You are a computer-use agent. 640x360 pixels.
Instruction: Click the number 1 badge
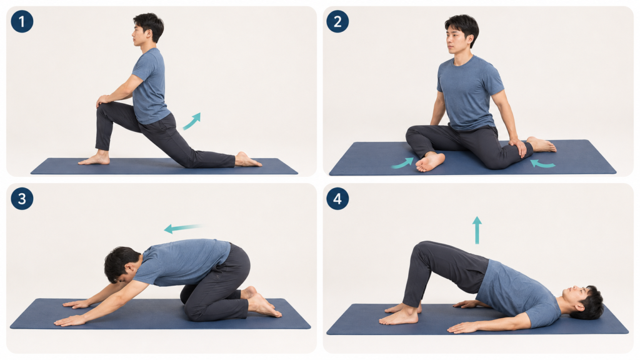point(22,22)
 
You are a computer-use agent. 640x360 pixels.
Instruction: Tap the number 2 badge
point(337,22)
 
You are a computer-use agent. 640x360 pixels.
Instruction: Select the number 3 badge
point(22,199)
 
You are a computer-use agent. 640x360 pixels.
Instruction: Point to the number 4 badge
point(337,199)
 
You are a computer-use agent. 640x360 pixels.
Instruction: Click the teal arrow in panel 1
point(192,121)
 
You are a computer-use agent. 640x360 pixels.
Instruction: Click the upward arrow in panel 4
point(477,230)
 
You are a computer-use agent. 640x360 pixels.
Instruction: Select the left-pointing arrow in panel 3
point(182,229)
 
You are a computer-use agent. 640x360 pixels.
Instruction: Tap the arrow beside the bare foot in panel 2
point(402,164)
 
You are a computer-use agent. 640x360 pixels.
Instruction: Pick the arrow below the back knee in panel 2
point(542,164)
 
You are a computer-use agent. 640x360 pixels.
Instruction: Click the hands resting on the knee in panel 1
point(104,100)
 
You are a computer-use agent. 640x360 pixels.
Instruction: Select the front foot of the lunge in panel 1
point(95,159)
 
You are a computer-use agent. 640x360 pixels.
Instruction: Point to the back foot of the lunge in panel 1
point(247,159)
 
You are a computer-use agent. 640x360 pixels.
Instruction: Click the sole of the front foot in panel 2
point(430,162)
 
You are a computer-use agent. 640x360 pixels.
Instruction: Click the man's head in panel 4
point(584,302)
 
